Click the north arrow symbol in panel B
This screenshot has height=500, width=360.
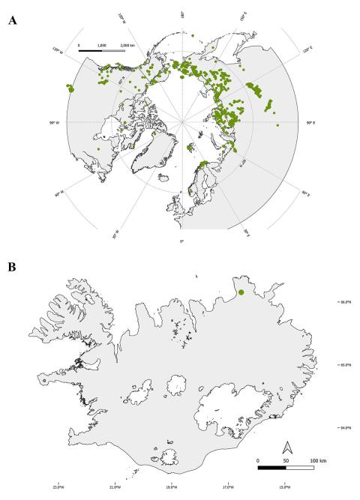pyautogui.click(x=286, y=448)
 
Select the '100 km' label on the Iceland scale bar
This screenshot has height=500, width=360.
pyautogui.click(x=315, y=459)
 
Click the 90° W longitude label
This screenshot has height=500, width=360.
pyautogui.click(x=55, y=122)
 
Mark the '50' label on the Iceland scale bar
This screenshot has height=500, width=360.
pyautogui.click(x=286, y=459)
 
